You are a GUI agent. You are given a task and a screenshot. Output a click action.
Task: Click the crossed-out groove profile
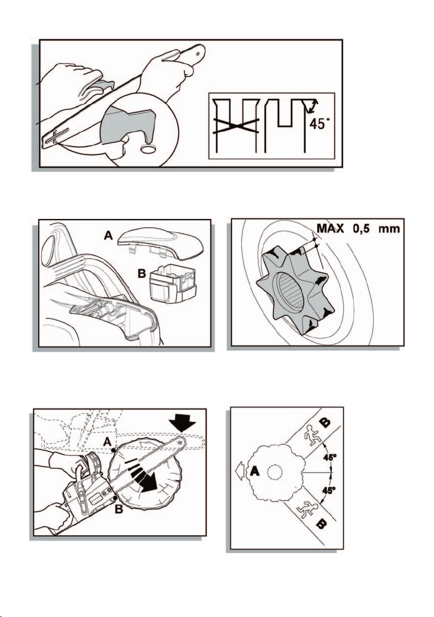point(236,125)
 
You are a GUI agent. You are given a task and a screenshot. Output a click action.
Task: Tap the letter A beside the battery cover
point(109,236)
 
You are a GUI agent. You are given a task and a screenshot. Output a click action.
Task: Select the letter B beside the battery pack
point(142,273)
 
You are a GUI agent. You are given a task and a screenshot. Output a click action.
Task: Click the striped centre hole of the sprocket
point(290,291)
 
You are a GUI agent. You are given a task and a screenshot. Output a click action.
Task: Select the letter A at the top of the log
point(107,442)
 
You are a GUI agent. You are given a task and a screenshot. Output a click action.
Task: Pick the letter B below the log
point(119,510)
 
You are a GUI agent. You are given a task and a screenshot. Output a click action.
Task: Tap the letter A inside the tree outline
point(255,471)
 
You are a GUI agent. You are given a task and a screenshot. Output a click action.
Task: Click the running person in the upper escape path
point(313,435)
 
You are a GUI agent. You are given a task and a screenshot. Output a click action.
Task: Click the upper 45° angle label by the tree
point(329,457)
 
